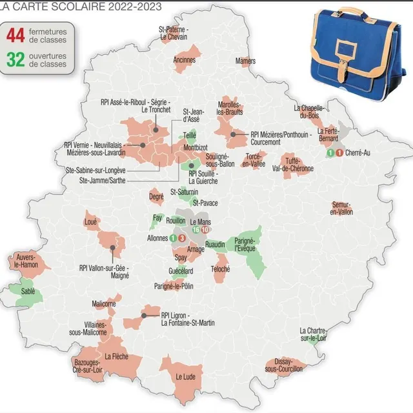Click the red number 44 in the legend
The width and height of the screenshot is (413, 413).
click(17, 34)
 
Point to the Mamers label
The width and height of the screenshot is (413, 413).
click(246, 61)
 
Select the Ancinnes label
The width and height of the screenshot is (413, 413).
click(185, 60)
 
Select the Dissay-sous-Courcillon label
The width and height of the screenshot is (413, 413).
click(278, 365)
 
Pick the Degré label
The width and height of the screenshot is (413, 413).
click(156, 196)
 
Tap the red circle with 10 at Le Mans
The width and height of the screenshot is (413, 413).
click(205, 230)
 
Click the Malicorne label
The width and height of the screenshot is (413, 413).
click(105, 303)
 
